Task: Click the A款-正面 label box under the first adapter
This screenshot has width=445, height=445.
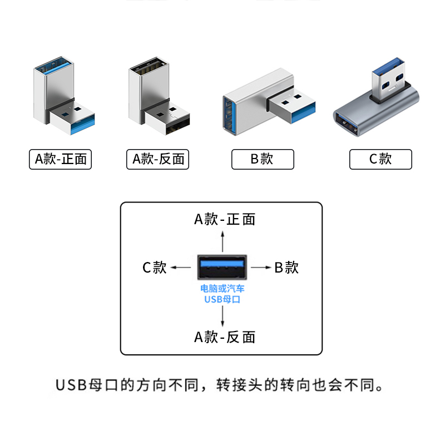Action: point(60,159)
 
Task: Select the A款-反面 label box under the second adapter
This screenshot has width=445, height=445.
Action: point(158,159)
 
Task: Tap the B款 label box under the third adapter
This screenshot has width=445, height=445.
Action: point(262,159)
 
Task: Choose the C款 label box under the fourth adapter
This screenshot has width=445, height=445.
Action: point(380,159)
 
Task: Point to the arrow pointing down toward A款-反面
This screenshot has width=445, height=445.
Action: point(222,315)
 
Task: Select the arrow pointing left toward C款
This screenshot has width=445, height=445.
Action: point(181,268)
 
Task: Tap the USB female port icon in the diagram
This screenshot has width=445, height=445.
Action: point(222,267)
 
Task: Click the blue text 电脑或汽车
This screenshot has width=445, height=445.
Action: point(222,289)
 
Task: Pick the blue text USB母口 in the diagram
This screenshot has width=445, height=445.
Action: point(222,300)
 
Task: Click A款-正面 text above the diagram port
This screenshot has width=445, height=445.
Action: point(224,219)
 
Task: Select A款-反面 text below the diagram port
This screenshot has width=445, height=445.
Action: point(224,337)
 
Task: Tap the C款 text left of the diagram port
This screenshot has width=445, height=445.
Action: point(155,268)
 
